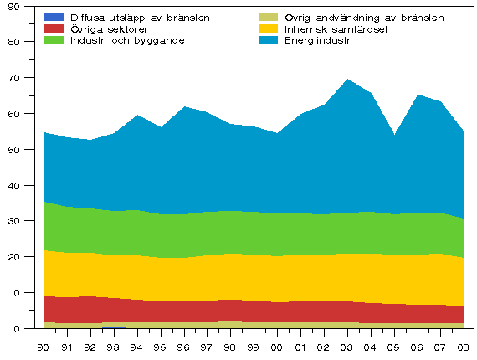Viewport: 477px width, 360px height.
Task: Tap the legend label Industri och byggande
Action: [126, 40]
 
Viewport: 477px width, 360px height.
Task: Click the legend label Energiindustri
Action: [319, 40]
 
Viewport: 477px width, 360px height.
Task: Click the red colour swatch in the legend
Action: [54, 28]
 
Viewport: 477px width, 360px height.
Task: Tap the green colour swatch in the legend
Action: [54, 40]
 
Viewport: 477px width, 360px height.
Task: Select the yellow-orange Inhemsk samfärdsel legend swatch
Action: [269, 28]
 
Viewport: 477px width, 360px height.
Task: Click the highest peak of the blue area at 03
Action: [346, 80]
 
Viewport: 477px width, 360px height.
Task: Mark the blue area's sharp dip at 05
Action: [393, 135]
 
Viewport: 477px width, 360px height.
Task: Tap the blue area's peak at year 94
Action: [137, 116]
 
